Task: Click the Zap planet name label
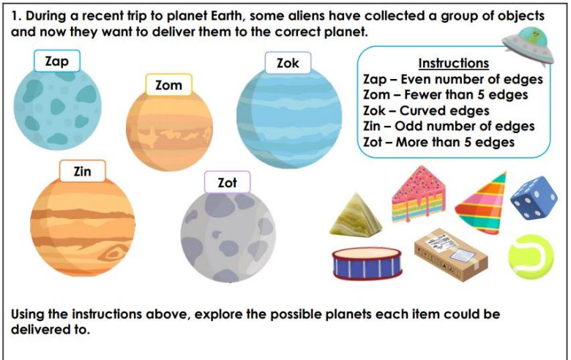57,61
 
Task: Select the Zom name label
168,85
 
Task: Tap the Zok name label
288,63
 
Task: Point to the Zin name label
82,171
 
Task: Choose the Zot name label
227,182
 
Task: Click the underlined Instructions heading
453,63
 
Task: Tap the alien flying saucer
528,45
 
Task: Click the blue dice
534,198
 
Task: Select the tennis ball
531,257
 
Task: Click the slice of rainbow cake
419,194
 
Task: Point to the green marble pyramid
356,214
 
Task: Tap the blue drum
367,263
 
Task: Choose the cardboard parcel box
451,255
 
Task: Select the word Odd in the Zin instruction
408,127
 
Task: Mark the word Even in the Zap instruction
416,79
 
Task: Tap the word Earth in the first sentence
225,16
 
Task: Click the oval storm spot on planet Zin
116,252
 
